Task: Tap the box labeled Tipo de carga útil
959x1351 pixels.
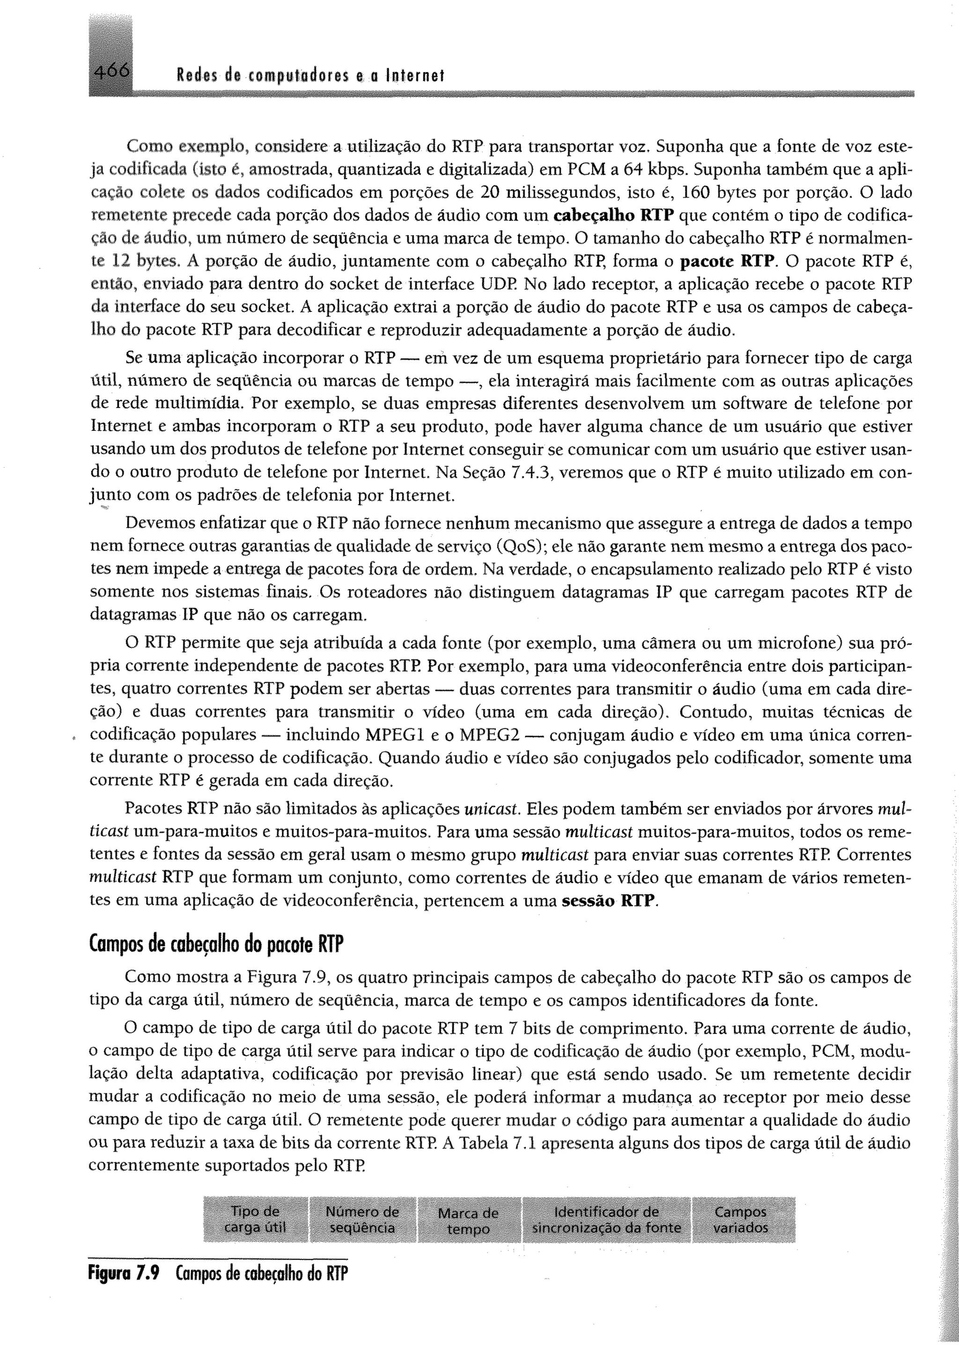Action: click(x=255, y=1220)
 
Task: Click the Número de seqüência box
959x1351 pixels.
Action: click(x=362, y=1220)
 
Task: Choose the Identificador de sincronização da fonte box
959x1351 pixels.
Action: click(x=606, y=1220)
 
